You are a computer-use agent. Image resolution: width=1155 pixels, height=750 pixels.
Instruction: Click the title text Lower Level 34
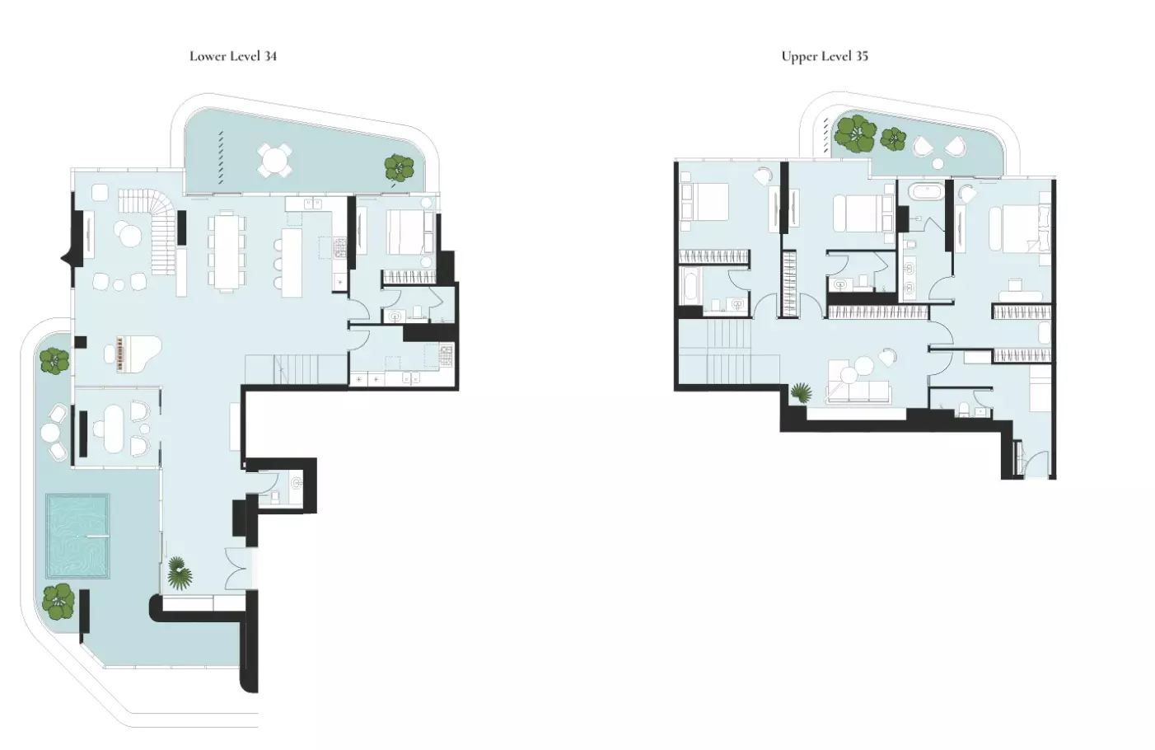click(x=233, y=56)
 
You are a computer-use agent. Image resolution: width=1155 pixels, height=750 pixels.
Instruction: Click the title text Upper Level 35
click(x=825, y=56)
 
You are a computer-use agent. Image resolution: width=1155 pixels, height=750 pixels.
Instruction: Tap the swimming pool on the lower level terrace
click(x=77, y=537)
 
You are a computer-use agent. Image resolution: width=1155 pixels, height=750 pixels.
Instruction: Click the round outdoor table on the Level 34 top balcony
click(x=274, y=160)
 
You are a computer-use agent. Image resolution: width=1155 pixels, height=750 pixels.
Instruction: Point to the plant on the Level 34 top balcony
click(x=400, y=168)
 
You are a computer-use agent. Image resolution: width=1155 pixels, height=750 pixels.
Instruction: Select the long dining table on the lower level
click(x=227, y=251)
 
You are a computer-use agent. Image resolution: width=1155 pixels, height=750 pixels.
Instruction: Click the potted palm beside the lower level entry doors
click(x=180, y=574)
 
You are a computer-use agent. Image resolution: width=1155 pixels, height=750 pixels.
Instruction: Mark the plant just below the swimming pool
click(x=58, y=602)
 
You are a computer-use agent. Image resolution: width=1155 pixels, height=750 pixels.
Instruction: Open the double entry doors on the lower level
click(x=237, y=569)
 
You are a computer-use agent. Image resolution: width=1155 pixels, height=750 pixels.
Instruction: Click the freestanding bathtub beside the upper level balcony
click(x=924, y=193)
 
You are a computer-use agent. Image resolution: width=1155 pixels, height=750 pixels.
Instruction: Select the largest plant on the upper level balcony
click(x=855, y=134)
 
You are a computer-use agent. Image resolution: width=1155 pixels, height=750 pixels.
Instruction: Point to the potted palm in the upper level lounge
click(x=800, y=393)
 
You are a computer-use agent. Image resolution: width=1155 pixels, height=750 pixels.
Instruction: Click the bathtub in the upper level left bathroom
click(x=690, y=288)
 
